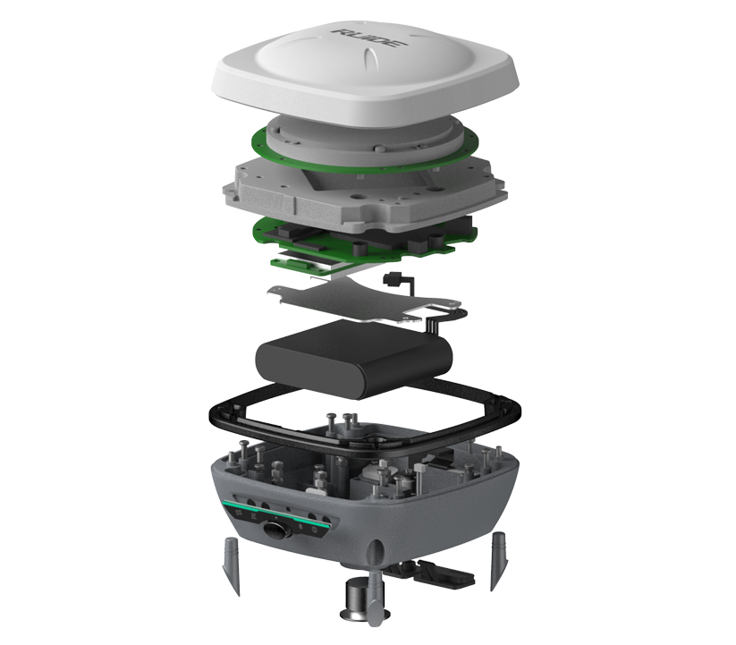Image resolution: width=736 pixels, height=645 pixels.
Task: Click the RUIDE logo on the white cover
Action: coord(369,38)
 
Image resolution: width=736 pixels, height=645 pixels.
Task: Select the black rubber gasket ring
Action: coord(365,421)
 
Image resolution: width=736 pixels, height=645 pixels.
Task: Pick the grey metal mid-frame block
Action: coord(365,192)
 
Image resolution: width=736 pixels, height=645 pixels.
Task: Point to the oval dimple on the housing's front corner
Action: coord(376,550)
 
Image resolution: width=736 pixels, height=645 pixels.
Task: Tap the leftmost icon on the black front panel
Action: coord(238,512)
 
